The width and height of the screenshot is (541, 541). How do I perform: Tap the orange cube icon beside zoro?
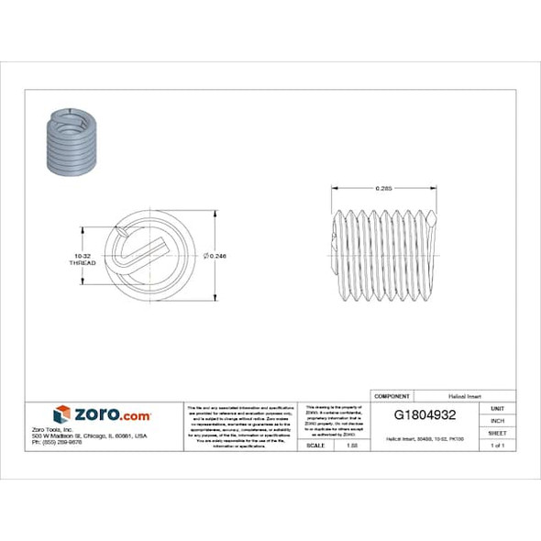pos(61,414)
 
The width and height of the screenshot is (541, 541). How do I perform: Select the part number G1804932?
pos(425,414)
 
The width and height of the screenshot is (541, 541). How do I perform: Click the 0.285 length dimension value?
pos(384,189)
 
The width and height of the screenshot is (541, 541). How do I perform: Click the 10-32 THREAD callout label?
pos(82,259)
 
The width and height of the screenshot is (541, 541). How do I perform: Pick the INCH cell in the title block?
pos(498,420)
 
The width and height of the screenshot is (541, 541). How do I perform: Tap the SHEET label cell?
pos(498,432)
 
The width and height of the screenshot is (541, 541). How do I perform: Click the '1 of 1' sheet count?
pos(498,445)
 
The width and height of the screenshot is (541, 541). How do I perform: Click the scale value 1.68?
pos(350,445)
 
